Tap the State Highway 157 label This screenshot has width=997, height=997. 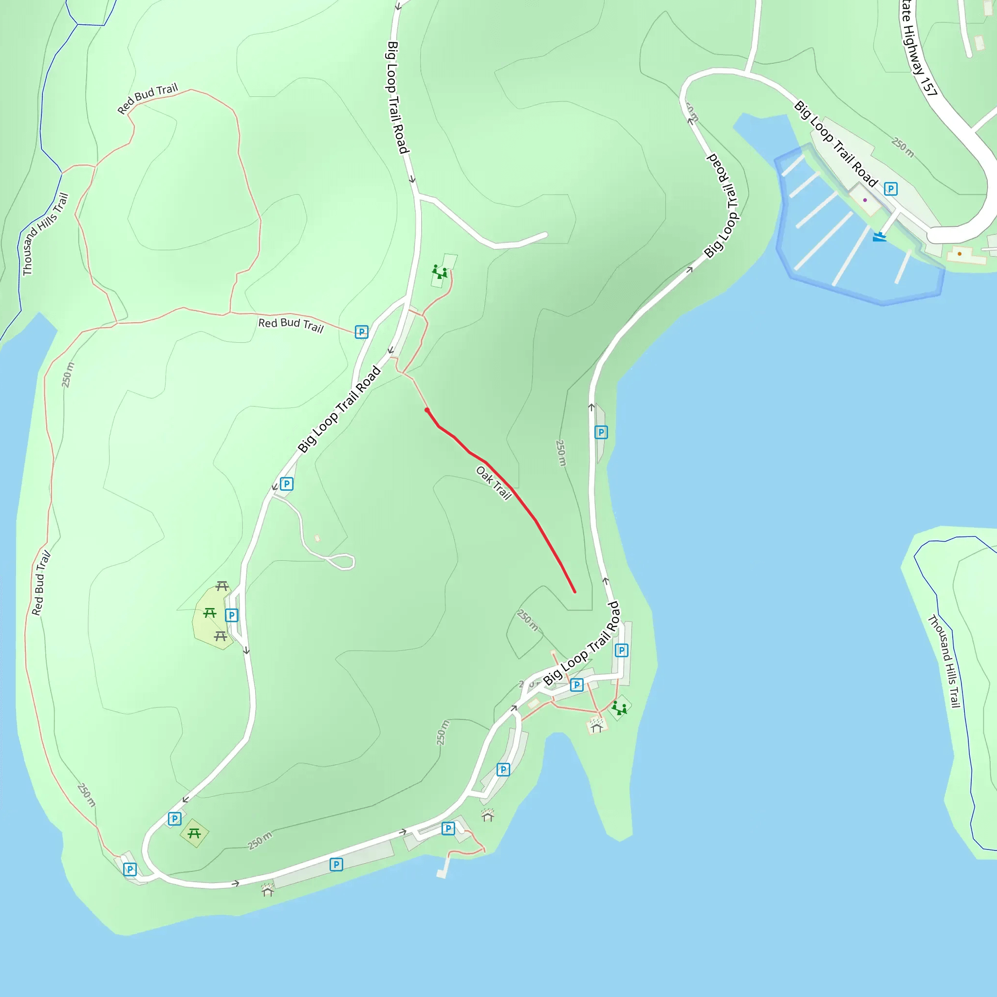coord(919,49)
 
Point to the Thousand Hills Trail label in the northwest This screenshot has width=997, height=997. coord(45,234)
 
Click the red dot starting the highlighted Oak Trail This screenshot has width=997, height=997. coord(427,410)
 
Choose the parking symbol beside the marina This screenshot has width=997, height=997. coord(891,189)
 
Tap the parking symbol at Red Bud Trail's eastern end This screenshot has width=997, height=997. coord(362,332)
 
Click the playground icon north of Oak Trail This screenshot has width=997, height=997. coord(440,272)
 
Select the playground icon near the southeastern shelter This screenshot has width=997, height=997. coord(619,708)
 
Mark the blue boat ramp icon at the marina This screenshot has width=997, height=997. coord(879,237)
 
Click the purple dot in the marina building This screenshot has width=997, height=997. coord(865,200)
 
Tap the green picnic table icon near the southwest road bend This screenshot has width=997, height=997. coord(194,833)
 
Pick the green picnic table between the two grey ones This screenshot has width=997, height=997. coord(209,612)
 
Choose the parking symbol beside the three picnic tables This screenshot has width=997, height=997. coord(232,615)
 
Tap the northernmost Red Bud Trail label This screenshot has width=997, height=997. coord(148,98)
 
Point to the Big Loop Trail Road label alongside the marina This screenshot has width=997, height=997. coord(835,145)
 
